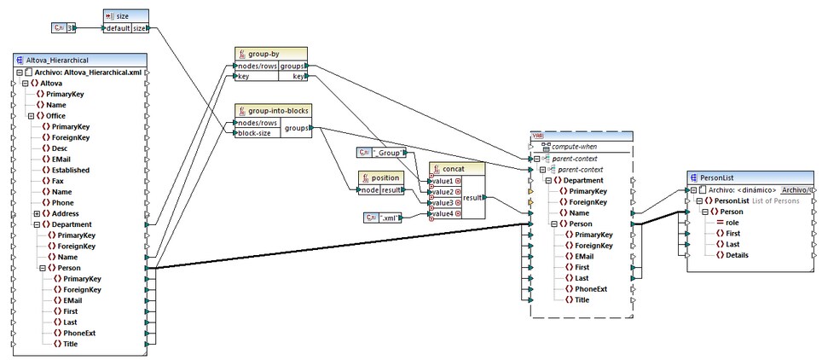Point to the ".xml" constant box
coord(382,218)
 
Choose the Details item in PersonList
coord(738,254)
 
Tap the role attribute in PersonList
coord(732,222)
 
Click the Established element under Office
coord(71,170)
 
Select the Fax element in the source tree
coord(58,181)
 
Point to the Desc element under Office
coord(60,148)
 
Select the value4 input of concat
coord(444,214)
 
